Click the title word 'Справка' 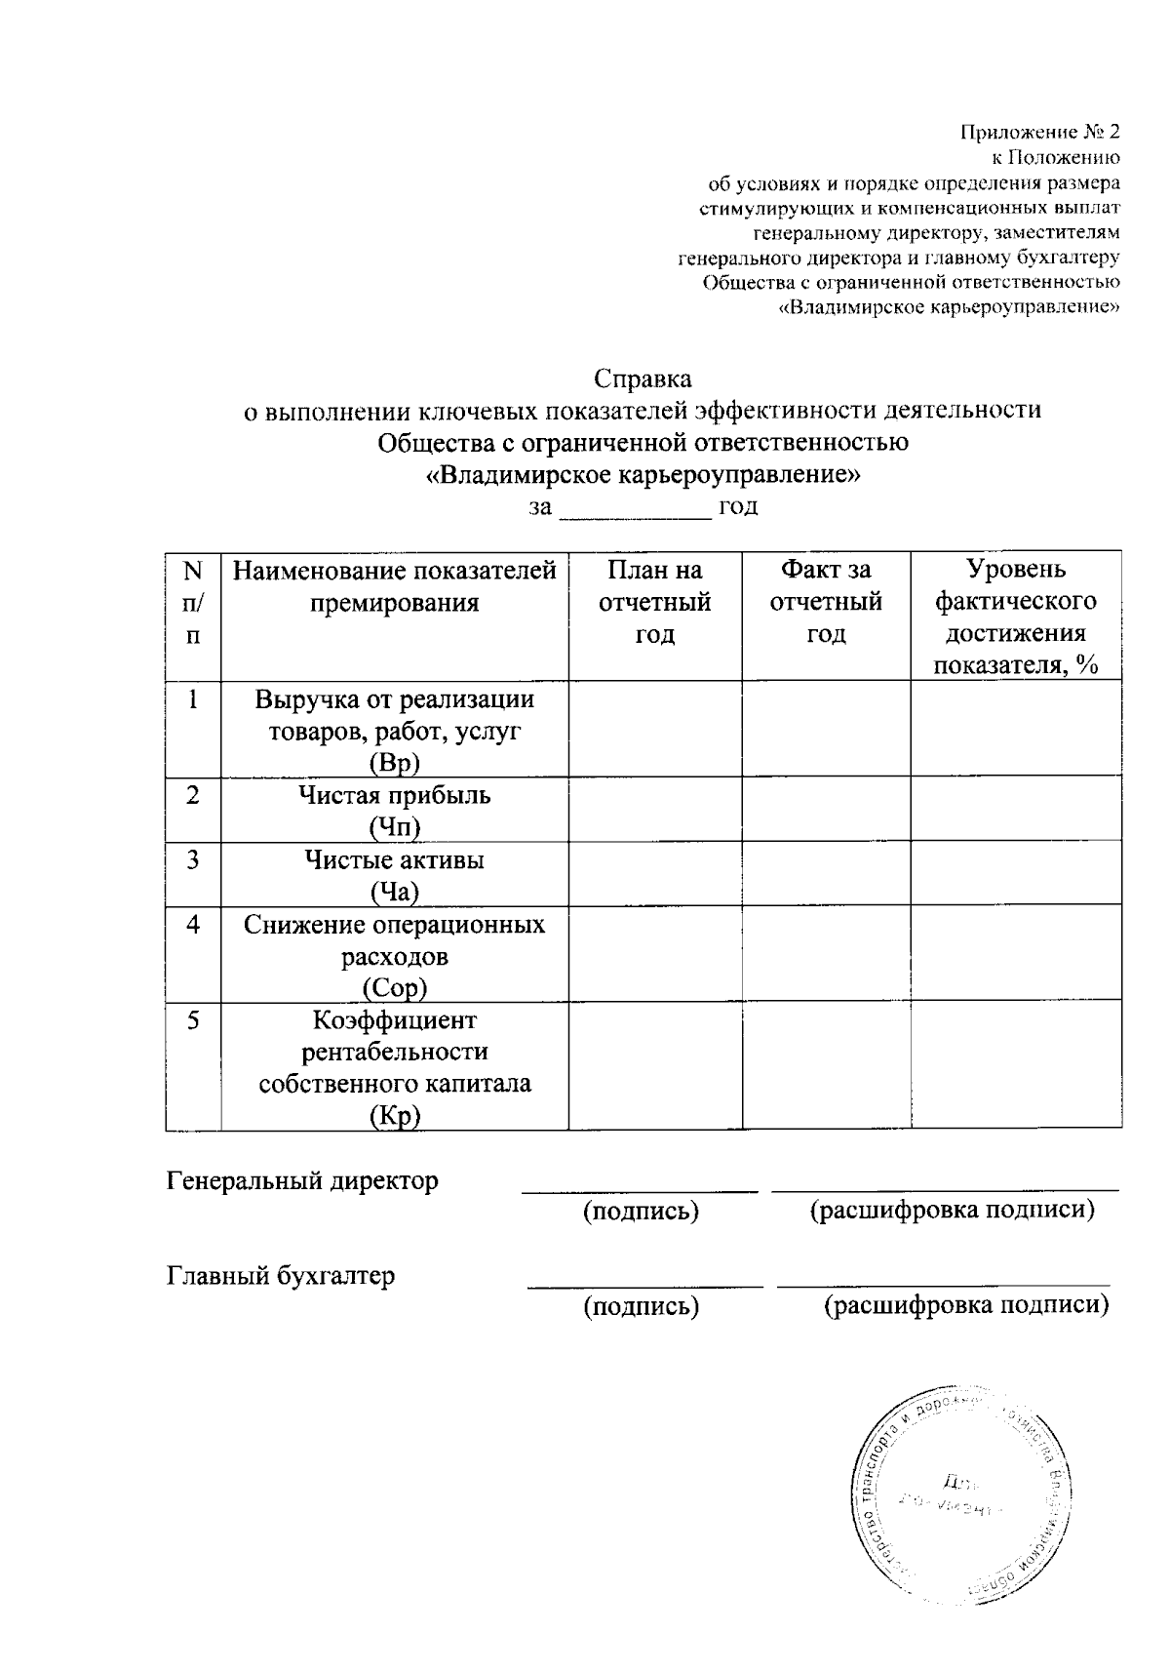pyautogui.click(x=643, y=378)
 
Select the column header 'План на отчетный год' pyautogui.click(x=654, y=602)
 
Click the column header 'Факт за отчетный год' pyautogui.click(x=826, y=602)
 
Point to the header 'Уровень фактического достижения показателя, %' pyautogui.click(x=1016, y=617)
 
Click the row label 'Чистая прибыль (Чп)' pyautogui.click(x=394, y=811)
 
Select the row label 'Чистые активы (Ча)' pyautogui.click(x=394, y=875)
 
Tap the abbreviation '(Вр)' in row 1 pyautogui.click(x=394, y=763)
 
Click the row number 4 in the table pyautogui.click(x=194, y=924)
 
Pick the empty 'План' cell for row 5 pyautogui.click(x=654, y=1066)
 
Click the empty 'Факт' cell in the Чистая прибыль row pyautogui.click(x=826, y=810)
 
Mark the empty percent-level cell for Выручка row pyautogui.click(x=1016, y=729)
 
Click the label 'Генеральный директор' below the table pyautogui.click(x=303, y=1181)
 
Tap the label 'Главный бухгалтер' pyautogui.click(x=281, y=1276)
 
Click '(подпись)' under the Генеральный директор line pyautogui.click(x=641, y=1212)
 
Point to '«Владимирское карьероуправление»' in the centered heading pyautogui.click(x=643, y=475)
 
